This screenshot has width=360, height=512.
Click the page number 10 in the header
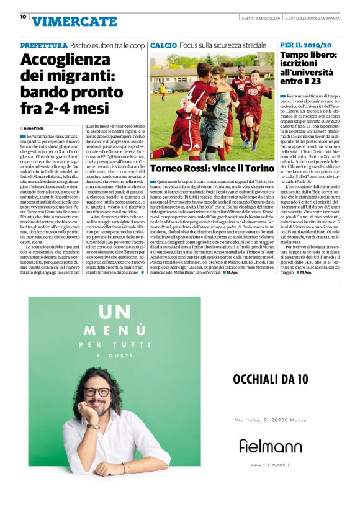pyautogui.click(x=23, y=17)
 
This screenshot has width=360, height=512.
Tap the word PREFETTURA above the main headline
pyautogui.click(x=43, y=46)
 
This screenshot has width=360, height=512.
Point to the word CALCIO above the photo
pyautogui.click(x=163, y=46)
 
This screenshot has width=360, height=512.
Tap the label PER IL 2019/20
pyautogui.click(x=305, y=45)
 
